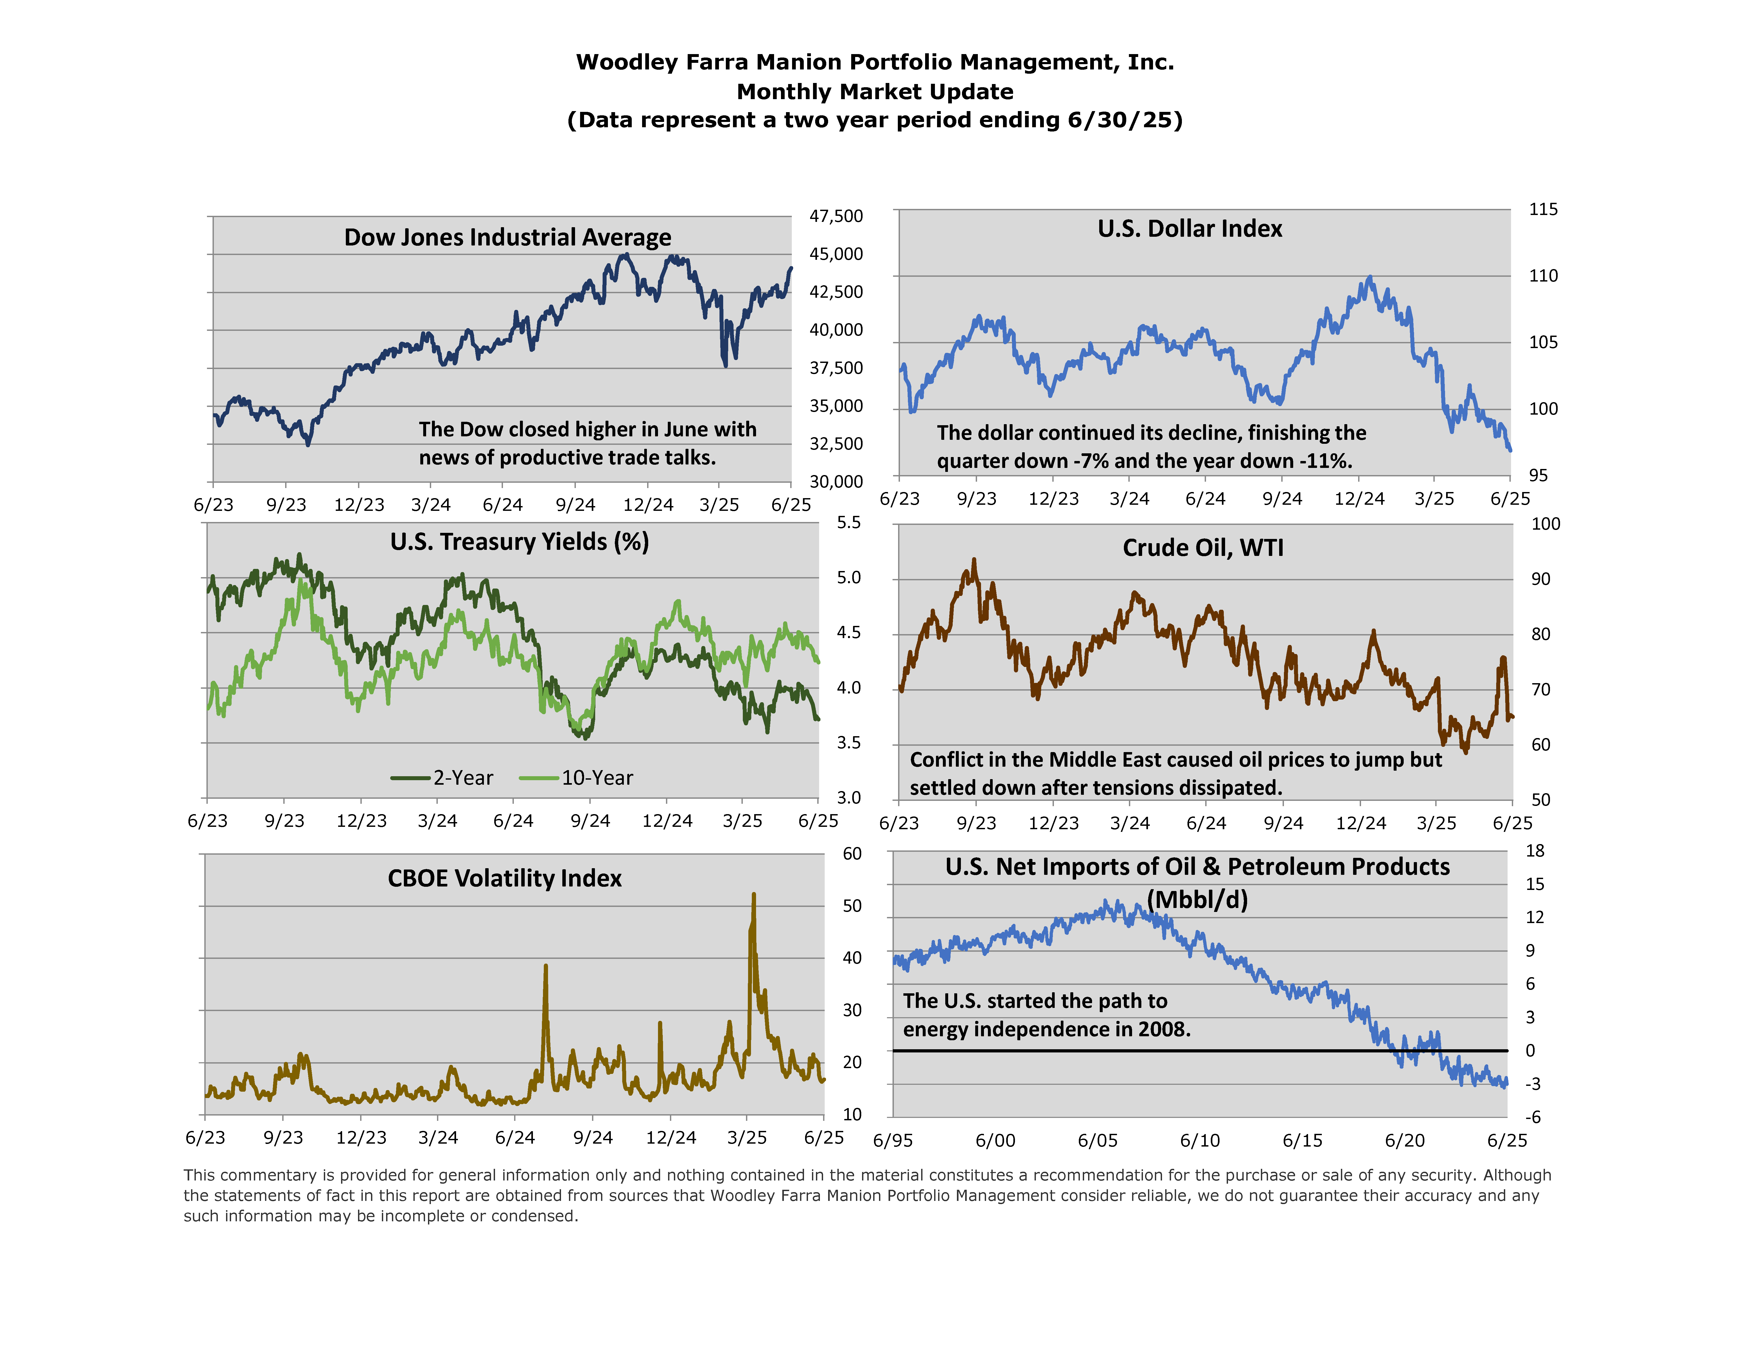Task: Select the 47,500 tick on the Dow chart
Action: click(836, 216)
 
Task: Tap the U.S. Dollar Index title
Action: click(1189, 229)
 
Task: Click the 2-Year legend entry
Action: click(443, 778)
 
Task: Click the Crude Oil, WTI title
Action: click(1203, 548)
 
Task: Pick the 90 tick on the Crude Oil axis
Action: click(1541, 579)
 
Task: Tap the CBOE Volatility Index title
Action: click(505, 879)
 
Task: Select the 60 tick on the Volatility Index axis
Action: click(852, 854)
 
